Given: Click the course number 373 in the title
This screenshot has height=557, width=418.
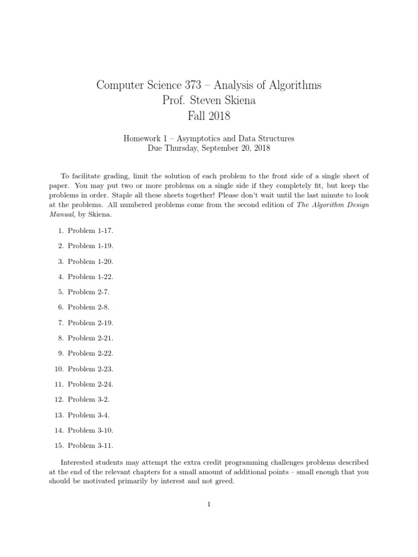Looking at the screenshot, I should (x=193, y=85).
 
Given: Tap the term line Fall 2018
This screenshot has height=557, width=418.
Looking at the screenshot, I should (x=208, y=116).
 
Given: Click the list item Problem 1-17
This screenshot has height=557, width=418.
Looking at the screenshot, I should (x=90, y=231).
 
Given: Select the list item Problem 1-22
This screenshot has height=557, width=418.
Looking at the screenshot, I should (x=90, y=276).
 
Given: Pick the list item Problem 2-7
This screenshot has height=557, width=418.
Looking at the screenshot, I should (x=89, y=292).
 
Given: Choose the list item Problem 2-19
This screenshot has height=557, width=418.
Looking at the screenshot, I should (x=90, y=323).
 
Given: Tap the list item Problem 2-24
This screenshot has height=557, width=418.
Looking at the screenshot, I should (x=90, y=384).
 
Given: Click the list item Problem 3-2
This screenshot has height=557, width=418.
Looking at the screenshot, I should (x=89, y=399).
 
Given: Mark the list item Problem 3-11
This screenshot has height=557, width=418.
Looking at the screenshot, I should (x=90, y=445).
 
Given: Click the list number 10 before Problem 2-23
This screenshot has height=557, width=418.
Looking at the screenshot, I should (x=59, y=369).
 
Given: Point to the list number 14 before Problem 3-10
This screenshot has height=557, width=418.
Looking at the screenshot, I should (x=59, y=430).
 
